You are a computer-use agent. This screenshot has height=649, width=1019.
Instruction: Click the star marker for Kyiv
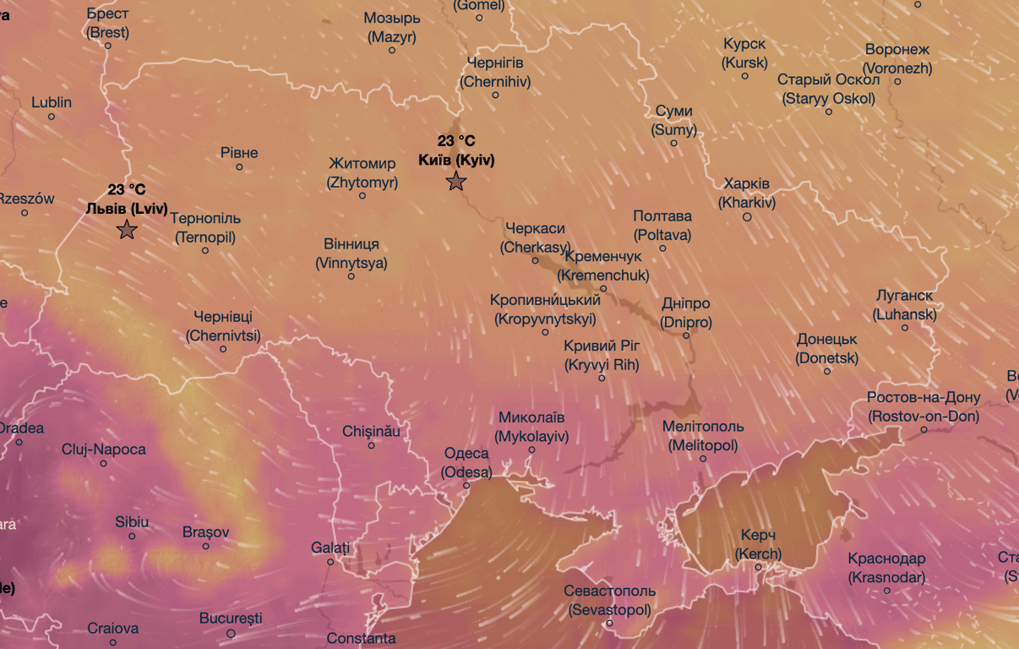pyautogui.click(x=456, y=181)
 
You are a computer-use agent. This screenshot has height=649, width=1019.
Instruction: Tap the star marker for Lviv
pyautogui.click(x=127, y=229)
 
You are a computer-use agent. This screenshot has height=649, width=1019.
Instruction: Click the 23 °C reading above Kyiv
pyautogui.click(x=456, y=141)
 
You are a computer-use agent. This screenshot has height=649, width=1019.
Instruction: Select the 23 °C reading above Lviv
pyautogui.click(x=127, y=189)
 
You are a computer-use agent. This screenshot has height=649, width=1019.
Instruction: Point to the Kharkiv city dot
pyautogui.click(x=747, y=217)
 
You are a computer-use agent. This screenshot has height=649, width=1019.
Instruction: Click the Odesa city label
pyautogui.click(x=466, y=463)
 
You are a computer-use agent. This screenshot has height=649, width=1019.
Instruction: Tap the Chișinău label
pyautogui.click(x=371, y=431)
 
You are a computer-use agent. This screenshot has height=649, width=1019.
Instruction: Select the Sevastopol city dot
pyautogui.click(x=609, y=624)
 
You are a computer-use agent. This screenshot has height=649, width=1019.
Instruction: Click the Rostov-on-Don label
pyautogui.click(x=924, y=406)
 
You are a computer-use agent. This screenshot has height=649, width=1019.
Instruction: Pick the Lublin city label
pyautogui.click(x=52, y=102)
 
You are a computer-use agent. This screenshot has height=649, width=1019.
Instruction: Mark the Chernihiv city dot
pyautogui.click(x=496, y=95)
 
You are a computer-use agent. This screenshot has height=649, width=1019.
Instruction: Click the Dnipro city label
pyautogui.click(x=685, y=313)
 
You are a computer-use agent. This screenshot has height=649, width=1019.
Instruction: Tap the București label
pyautogui.click(x=232, y=619)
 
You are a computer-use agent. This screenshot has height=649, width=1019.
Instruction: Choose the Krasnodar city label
pyautogui.click(x=886, y=568)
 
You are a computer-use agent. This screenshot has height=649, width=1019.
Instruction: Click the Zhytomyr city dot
pyautogui.click(x=362, y=195)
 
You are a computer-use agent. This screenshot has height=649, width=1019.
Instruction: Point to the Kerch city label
pyautogui.click(x=758, y=545)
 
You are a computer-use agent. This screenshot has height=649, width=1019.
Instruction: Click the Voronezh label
pyautogui.click(x=896, y=59)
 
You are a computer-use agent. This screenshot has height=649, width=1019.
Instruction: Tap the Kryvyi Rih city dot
pyautogui.click(x=602, y=378)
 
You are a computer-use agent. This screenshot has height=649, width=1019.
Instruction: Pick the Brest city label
pyautogui.click(x=107, y=23)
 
